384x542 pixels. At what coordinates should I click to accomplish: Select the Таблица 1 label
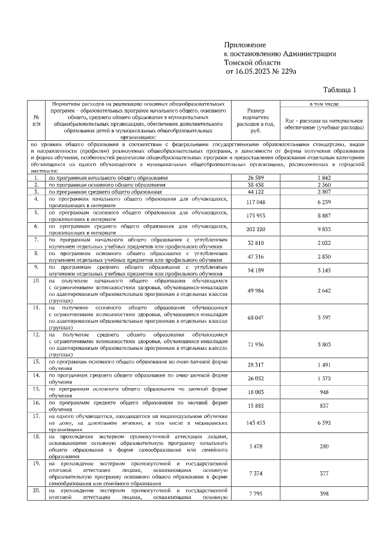pyautogui.click(x=339, y=90)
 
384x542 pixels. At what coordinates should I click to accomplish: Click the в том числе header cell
pyautogui.click(x=323, y=104)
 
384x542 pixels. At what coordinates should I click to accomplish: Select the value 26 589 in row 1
pyautogui.click(x=256, y=178)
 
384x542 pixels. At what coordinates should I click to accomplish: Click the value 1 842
pyautogui.click(x=323, y=178)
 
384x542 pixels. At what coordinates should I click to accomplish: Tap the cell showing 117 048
pyautogui.click(x=256, y=202)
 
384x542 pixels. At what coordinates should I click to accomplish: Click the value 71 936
pyautogui.click(x=256, y=346)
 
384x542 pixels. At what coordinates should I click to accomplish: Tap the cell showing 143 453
pyautogui.click(x=256, y=422)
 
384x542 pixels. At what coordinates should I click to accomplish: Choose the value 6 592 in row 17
pyautogui.click(x=323, y=422)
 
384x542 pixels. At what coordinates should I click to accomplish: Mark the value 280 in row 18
pyautogui.click(x=323, y=446)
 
